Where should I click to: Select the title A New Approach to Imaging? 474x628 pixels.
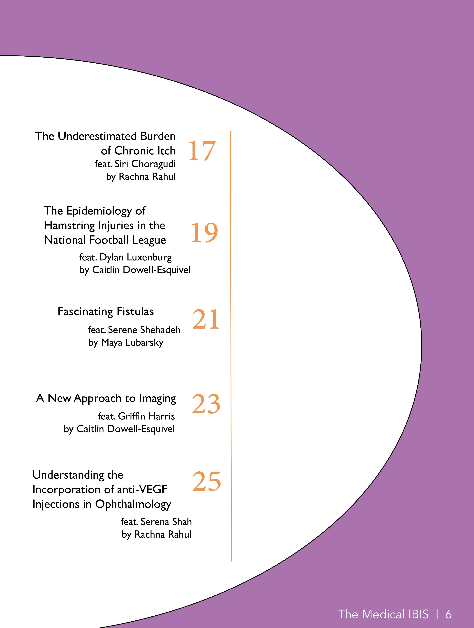point(106,399)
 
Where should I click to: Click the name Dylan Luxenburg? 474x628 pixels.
point(136,258)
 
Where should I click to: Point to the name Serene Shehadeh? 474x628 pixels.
point(144,330)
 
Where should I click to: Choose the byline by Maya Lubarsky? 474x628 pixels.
point(126,343)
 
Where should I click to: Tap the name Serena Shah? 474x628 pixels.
point(166,522)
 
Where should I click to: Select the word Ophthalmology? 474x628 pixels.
point(133,505)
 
